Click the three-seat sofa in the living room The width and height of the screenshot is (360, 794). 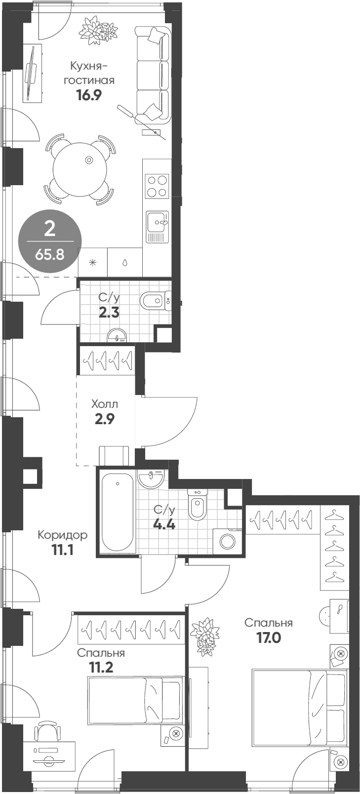[x=153, y=74]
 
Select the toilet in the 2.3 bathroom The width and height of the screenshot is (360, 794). [x=155, y=300]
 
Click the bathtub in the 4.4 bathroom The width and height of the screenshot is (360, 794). [x=118, y=513]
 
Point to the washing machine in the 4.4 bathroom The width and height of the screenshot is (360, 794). [x=228, y=541]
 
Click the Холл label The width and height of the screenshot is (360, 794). [x=105, y=404]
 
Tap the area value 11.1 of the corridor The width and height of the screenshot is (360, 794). [x=63, y=549]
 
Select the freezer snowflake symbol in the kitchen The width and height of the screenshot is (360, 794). [x=93, y=262]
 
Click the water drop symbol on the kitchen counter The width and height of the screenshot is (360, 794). [x=124, y=262]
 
